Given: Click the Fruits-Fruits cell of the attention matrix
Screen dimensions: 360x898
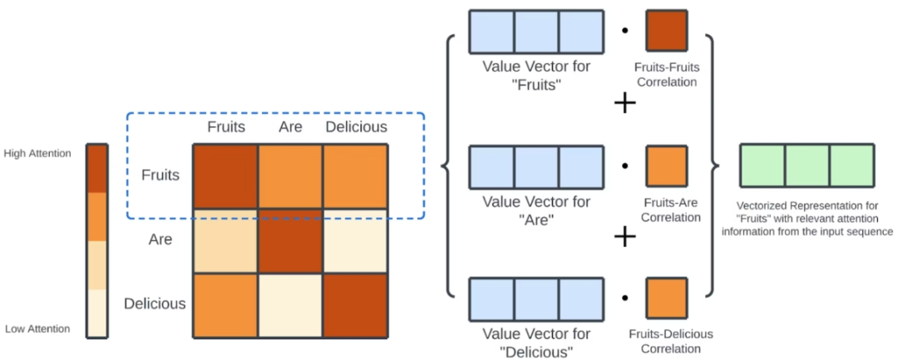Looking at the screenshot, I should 225,176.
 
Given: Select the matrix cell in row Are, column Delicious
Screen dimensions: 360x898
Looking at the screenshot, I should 355,241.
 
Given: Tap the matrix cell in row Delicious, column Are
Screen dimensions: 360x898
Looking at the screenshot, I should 290,305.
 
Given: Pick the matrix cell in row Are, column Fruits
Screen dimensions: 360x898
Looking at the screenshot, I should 225,241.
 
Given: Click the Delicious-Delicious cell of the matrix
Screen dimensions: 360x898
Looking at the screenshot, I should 355,305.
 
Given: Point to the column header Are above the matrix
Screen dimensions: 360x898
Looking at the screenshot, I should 290,127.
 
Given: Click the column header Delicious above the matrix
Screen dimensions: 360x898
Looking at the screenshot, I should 356,127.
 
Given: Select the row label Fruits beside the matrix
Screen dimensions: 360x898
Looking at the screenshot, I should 160,176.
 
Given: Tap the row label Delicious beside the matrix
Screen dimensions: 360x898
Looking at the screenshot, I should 155,303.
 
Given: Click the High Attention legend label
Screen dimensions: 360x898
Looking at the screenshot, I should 37,154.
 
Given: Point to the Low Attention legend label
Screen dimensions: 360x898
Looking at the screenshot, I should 37,329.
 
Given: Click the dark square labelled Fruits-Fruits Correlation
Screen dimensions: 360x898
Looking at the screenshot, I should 666,31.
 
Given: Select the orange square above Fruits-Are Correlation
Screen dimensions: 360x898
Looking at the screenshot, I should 666,165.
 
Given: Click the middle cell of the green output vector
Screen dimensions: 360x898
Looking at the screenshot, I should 807,165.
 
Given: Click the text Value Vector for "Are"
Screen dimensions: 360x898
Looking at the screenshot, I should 536,210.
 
